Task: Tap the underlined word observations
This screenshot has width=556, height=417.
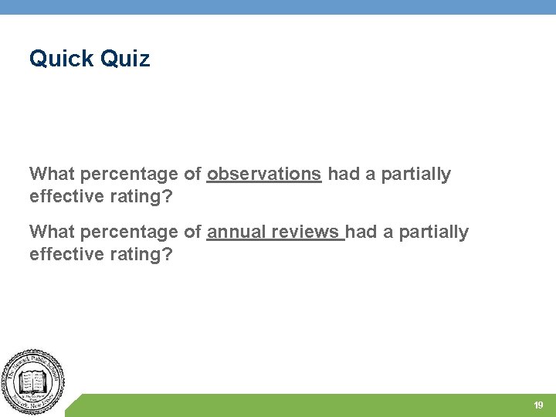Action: click(264, 175)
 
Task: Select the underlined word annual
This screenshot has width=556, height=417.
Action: click(234, 232)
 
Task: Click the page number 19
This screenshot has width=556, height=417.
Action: click(538, 405)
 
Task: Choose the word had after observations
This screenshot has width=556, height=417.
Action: click(344, 175)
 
